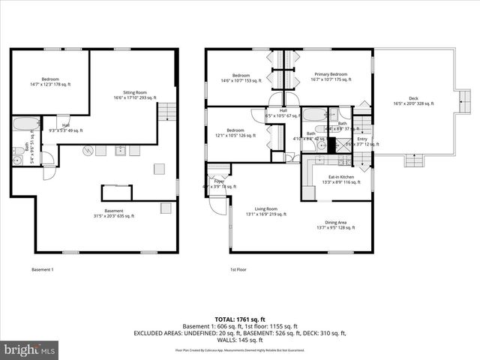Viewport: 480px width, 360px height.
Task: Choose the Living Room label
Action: click(266, 211)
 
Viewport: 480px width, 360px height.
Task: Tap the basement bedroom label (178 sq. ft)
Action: click(50, 82)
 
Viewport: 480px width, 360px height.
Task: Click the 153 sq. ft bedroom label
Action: click(240, 77)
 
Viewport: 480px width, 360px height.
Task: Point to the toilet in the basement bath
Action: click(16, 159)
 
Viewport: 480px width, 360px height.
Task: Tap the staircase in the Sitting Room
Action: click(168, 112)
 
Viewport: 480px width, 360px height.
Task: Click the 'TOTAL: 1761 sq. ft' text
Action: click(239, 319)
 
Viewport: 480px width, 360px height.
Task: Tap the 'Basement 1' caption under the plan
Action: click(43, 269)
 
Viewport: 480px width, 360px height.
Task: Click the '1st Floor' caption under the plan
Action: click(238, 269)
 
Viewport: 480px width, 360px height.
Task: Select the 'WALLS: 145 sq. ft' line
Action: click(239, 339)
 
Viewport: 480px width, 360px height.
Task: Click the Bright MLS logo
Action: click(30, 350)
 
